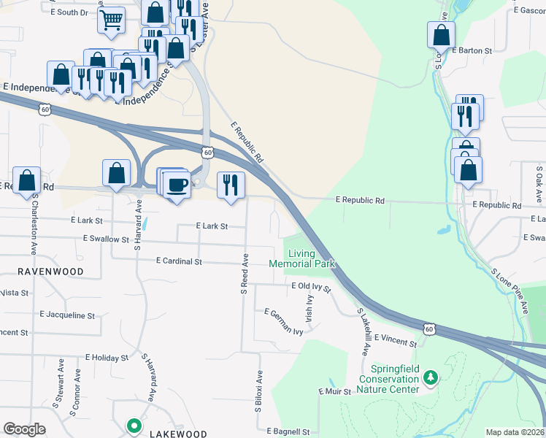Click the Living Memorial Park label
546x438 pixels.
[x=301, y=258]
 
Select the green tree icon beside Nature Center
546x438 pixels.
[x=431, y=377]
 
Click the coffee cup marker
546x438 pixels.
[x=176, y=184]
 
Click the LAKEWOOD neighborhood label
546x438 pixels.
[x=178, y=434]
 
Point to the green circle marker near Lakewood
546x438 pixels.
[x=134, y=425]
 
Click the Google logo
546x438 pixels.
[x=24, y=429]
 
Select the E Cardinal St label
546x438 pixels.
[x=179, y=261]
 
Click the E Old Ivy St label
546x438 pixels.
[x=310, y=287]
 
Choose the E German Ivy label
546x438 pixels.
[x=283, y=322]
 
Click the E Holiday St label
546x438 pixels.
[x=107, y=358]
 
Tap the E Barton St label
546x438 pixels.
[x=472, y=51]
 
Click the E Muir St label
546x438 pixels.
[x=336, y=392]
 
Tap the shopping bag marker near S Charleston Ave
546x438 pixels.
[x=27, y=180]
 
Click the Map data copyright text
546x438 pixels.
[x=515, y=432]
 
